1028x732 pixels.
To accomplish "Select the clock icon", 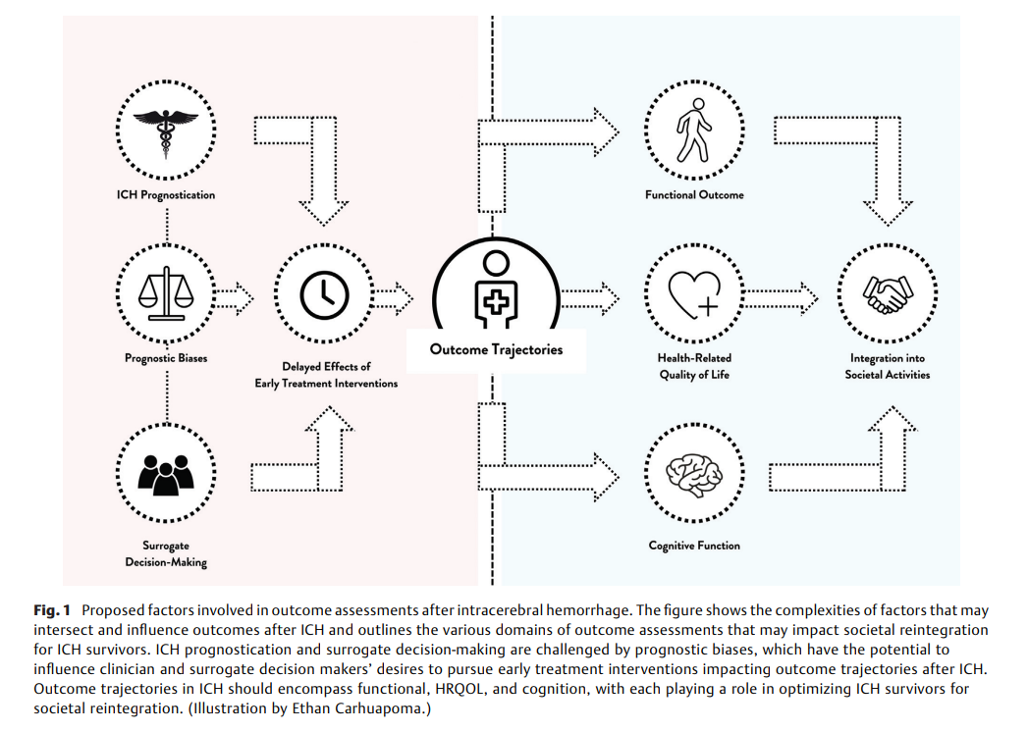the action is (x=324, y=295).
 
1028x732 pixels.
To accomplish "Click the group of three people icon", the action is (x=166, y=475).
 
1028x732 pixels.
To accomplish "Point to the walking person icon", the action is (x=693, y=130).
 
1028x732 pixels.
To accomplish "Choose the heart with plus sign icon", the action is (x=693, y=295).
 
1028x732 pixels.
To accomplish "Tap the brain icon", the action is (x=693, y=473).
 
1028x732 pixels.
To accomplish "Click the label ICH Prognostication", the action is (x=166, y=194).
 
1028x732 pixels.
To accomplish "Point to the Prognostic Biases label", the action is (x=166, y=358).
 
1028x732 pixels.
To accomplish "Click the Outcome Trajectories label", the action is (x=496, y=349).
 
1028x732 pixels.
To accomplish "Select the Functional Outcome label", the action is (x=694, y=194).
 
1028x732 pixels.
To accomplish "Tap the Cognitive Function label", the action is (x=694, y=546).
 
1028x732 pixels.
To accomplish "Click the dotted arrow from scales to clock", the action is (x=235, y=299).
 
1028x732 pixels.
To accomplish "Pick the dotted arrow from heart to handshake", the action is (x=782, y=299).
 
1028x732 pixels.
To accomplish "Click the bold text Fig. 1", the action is (x=52, y=610).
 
